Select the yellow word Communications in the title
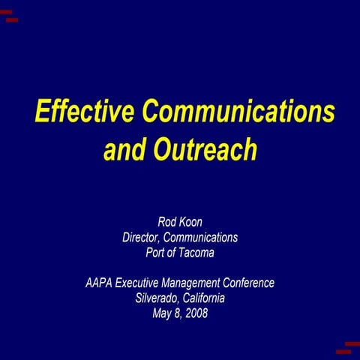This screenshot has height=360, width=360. [x=239, y=112]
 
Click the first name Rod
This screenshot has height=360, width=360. [x=166, y=222]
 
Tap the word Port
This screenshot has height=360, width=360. [x=155, y=253]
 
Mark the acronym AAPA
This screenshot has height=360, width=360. [x=99, y=283]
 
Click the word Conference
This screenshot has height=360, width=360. [x=250, y=283]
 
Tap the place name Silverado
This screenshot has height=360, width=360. [x=158, y=298]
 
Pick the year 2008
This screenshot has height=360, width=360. [x=196, y=313]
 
